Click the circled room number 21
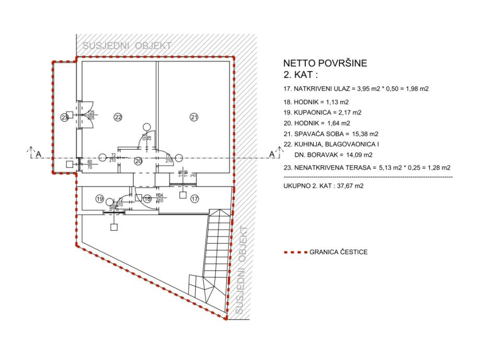click(194, 118)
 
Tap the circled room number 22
click(118, 118)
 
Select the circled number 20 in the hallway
click(139, 161)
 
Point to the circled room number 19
click(99, 199)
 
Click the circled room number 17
click(195, 199)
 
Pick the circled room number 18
click(147, 199)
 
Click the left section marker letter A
click(38, 154)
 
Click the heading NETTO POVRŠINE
click(324, 64)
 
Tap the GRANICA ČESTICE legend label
click(338, 252)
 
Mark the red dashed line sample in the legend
click(294, 252)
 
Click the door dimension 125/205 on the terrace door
click(91, 115)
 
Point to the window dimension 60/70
click(89, 165)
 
